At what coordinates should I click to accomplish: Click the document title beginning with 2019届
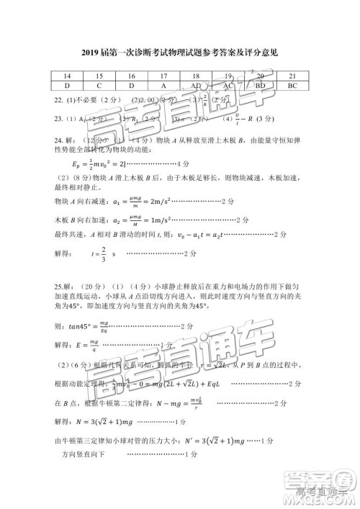point(180,53)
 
